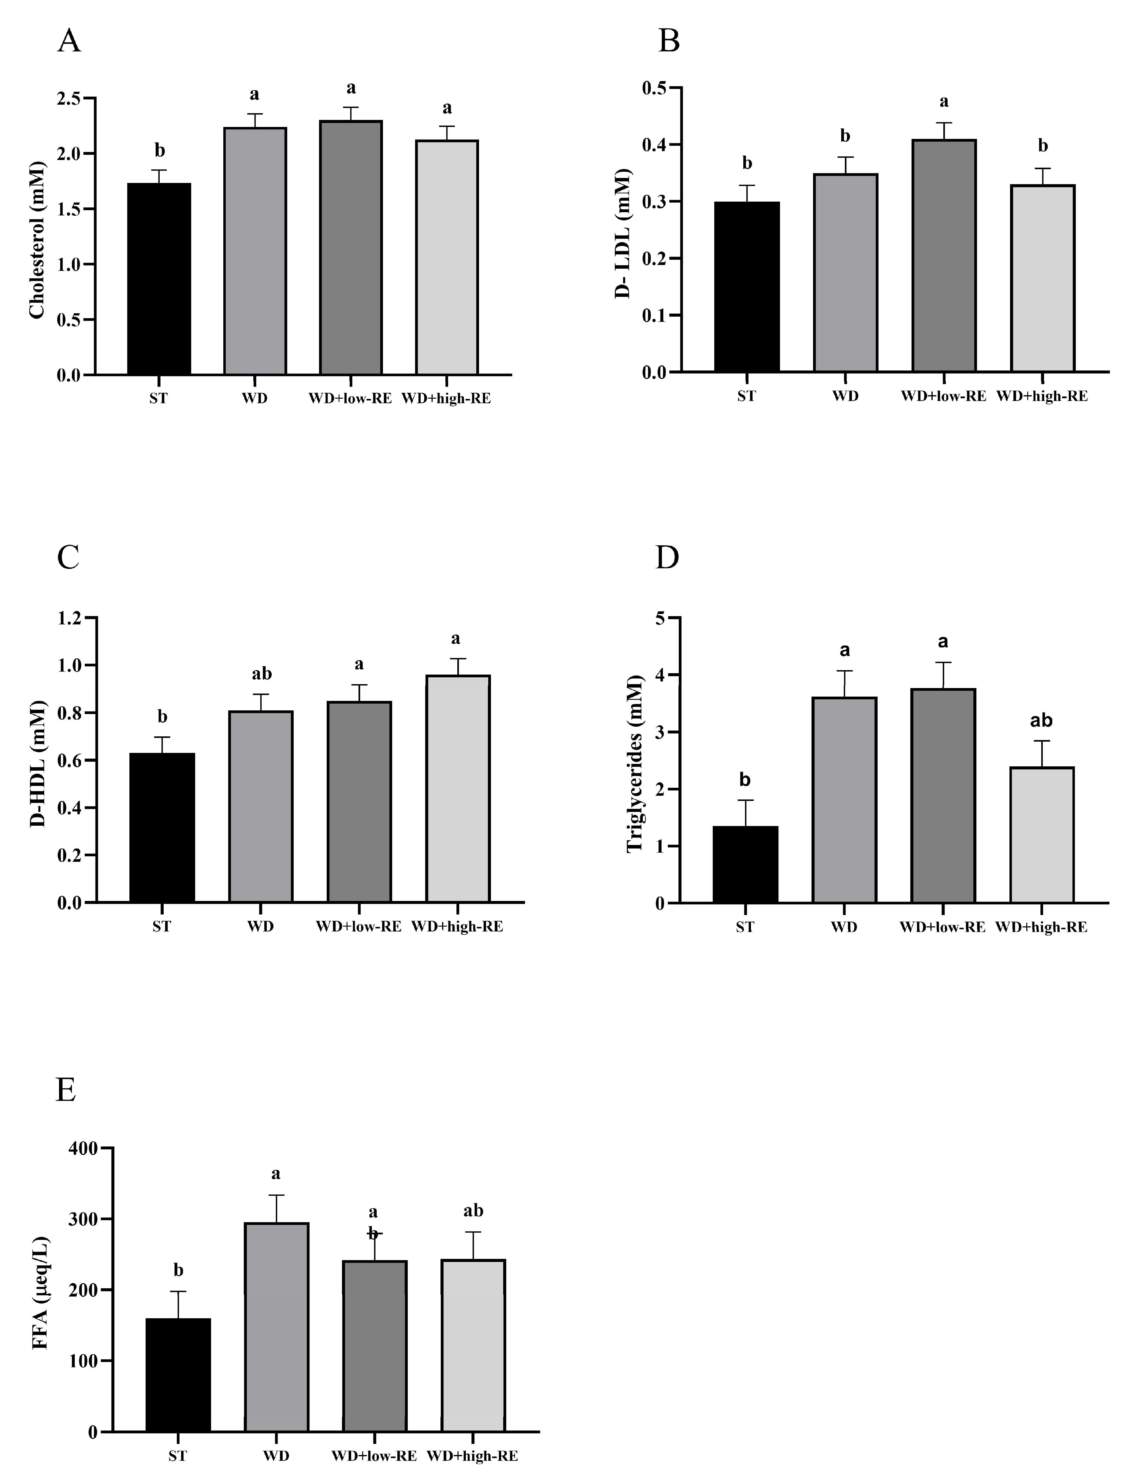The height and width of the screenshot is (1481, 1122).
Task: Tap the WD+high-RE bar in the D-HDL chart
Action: (x=458, y=789)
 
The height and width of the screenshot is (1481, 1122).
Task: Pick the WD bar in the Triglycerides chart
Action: (x=844, y=800)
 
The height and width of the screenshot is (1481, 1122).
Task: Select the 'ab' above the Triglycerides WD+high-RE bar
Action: (x=1041, y=721)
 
